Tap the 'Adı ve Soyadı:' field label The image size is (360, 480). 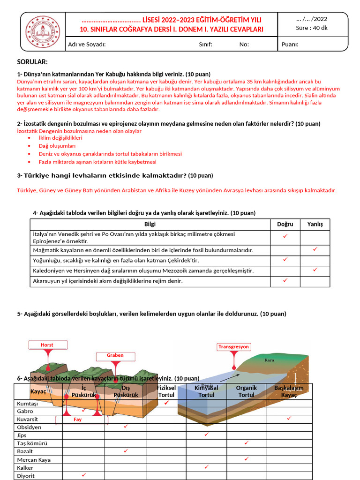point(87,45)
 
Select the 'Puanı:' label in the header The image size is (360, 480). point(290,45)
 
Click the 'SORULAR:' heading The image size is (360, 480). point(32,62)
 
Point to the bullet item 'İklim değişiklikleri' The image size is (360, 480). point(60,138)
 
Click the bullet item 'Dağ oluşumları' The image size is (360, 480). point(57,146)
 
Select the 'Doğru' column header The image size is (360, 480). point(285,224)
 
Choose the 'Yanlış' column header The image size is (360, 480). point(315,224)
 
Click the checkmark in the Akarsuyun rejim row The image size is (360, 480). point(285,280)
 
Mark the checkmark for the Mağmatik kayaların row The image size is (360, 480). point(315,249)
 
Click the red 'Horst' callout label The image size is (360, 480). point(47,345)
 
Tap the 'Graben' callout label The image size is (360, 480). point(115,355)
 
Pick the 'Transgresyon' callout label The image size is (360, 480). point(233,347)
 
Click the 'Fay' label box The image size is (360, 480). point(77,420)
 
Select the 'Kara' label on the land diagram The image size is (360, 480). point(269,360)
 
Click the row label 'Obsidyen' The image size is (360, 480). point(29,427)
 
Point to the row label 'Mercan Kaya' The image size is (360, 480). point(34,459)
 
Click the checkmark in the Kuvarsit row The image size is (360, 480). point(289,418)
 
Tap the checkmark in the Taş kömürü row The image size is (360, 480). point(247,442)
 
